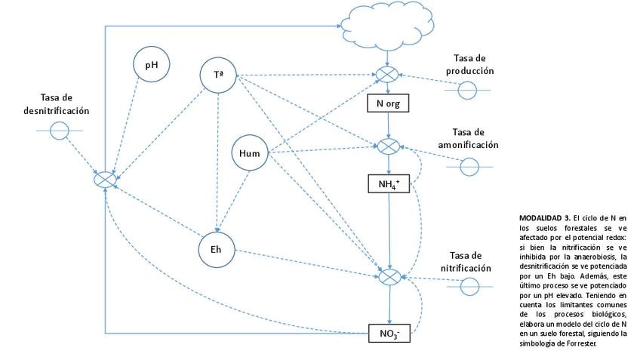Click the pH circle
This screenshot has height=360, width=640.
(152, 64)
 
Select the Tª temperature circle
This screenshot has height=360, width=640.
(218, 75)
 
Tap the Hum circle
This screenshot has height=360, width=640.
(250, 152)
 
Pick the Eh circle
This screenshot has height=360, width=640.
(217, 249)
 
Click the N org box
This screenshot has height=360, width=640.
(388, 103)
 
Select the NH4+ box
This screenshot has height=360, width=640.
(389, 184)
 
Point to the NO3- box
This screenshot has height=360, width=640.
(389, 333)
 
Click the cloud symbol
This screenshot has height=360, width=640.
(387, 24)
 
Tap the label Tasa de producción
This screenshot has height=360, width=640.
(469, 64)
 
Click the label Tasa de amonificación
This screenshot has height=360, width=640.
(468, 138)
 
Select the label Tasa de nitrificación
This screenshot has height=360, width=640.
(466, 262)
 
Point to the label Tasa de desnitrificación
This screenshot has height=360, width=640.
(57, 104)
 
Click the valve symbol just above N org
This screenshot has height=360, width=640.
(387, 75)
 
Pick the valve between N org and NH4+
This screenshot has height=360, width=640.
(388, 146)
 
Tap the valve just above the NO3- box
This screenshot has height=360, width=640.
(389, 277)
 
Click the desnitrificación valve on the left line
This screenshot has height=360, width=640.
(105, 179)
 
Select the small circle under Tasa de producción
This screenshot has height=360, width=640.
(467, 91)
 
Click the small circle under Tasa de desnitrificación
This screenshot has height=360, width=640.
(59, 131)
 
